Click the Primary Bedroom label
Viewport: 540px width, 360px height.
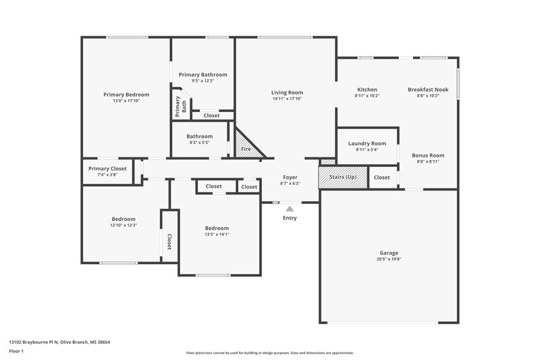point(126,95)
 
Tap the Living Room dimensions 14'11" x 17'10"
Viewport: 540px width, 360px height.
point(287,99)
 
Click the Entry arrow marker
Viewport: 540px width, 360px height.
point(290,209)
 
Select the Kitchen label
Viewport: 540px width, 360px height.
point(367,90)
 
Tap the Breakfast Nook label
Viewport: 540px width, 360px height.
point(428,90)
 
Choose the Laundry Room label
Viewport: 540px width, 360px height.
point(367,143)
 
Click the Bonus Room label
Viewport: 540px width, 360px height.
point(428,155)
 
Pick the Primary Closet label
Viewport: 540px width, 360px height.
point(107,169)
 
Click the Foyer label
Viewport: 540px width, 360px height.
point(290,177)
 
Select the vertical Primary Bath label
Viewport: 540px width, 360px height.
point(178,107)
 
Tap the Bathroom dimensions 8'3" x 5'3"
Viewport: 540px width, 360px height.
point(199,143)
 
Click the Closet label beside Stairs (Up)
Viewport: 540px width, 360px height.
point(381,178)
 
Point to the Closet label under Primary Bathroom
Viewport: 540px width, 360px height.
point(211,115)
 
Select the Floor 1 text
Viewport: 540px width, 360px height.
point(17,352)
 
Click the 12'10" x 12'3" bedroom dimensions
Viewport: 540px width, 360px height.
point(124,225)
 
